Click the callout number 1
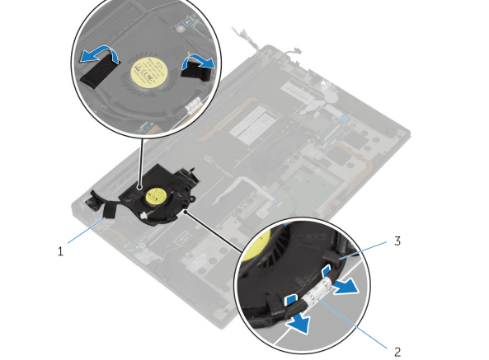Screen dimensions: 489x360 pyautogui.click(x=60, y=251)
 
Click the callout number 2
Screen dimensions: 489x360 pyautogui.click(x=397, y=352)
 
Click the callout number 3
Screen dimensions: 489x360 pyautogui.click(x=397, y=241)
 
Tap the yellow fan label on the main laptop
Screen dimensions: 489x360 pyautogui.click(x=155, y=196)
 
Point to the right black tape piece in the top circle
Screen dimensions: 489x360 pyautogui.click(x=195, y=71)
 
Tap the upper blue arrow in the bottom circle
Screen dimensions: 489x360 pyautogui.click(x=346, y=287)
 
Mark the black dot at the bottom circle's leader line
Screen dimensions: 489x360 pyautogui.click(x=186, y=212)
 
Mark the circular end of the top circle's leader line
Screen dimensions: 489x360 pyautogui.click(x=139, y=187)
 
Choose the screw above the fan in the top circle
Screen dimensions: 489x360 pyautogui.click(x=180, y=30)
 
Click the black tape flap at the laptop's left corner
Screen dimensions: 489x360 pyautogui.click(x=93, y=199)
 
